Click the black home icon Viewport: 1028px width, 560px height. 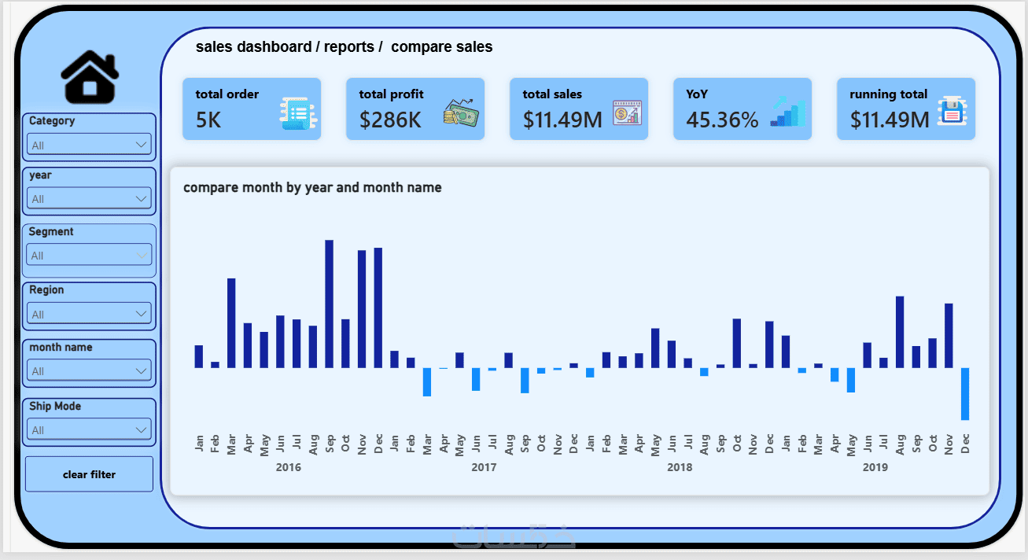click(x=90, y=76)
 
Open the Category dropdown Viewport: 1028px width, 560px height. click(x=89, y=145)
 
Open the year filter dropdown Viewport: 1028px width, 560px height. click(x=89, y=199)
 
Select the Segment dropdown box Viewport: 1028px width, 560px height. click(x=89, y=255)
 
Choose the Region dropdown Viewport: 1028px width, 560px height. click(x=89, y=314)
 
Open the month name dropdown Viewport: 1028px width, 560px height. click(x=89, y=371)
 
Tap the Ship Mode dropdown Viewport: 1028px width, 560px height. click(x=89, y=429)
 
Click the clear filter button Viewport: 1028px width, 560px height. click(x=89, y=474)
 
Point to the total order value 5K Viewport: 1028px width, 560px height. click(x=208, y=120)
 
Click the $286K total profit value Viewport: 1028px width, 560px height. click(x=390, y=120)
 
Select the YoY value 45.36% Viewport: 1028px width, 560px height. click(x=722, y=120)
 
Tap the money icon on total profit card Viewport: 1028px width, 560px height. click(x=461, y=113)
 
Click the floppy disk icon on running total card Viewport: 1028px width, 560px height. click(x=952, y=111)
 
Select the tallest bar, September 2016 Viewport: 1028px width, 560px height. click(x=329, y=304)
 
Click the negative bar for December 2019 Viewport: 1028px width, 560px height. click(x=965, y=394)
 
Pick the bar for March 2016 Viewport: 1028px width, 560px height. click(x=231, y=323)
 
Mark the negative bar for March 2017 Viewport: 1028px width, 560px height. click(x=427, y=382)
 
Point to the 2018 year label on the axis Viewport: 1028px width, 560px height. click(x=680, y=467)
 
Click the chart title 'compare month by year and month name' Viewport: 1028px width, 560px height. click(x=312, y=188)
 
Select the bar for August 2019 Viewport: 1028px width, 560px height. click(x=900, y=333)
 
